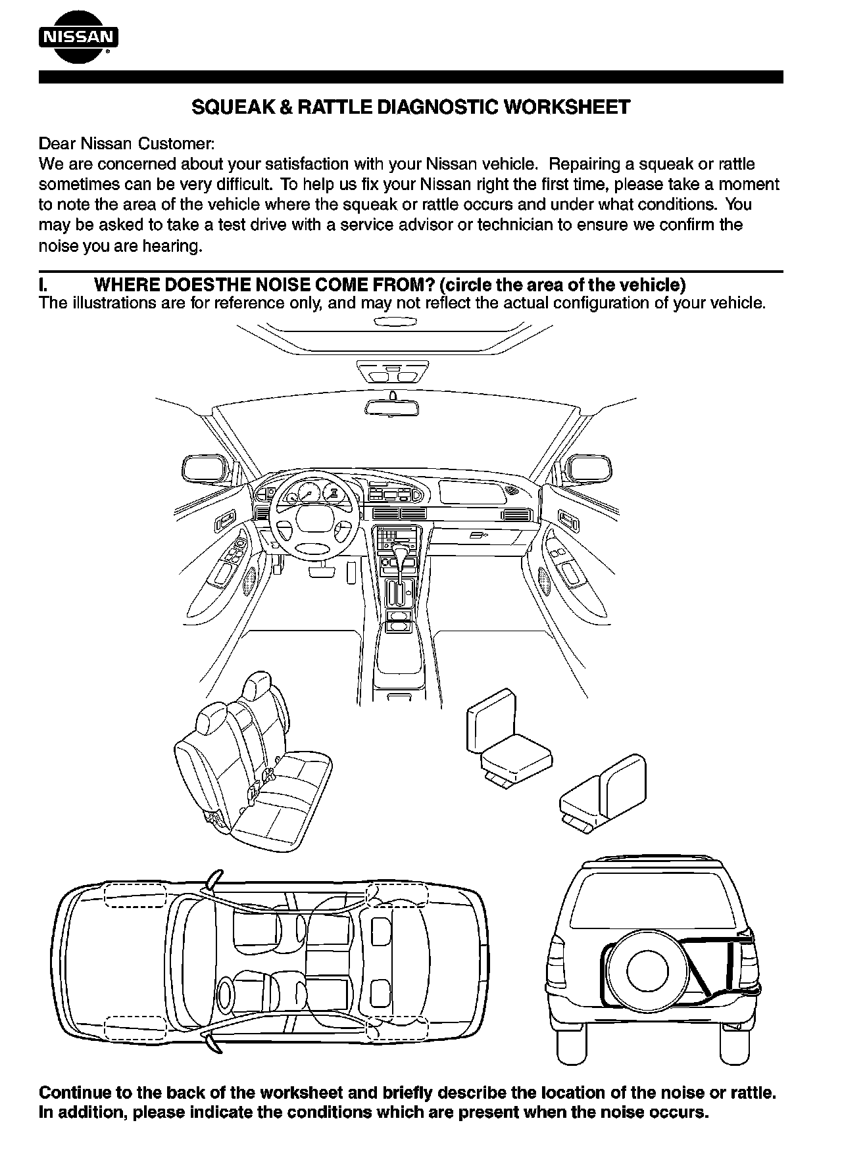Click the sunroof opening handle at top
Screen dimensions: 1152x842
coord(394,322)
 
